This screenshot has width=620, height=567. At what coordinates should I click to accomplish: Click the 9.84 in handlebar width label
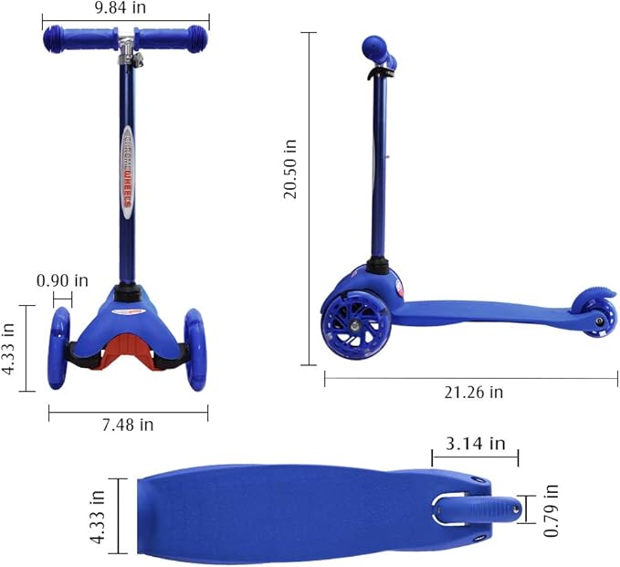click(x=125, y=7)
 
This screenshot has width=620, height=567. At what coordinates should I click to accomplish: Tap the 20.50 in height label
click(x=290, y=169)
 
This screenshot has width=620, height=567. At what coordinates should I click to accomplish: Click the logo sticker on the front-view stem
click(x=129, y=172)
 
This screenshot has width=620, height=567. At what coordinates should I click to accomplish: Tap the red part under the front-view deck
click(x=128, y=346)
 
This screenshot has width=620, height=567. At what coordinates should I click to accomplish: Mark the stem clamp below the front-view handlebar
click(x=134, y=58)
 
